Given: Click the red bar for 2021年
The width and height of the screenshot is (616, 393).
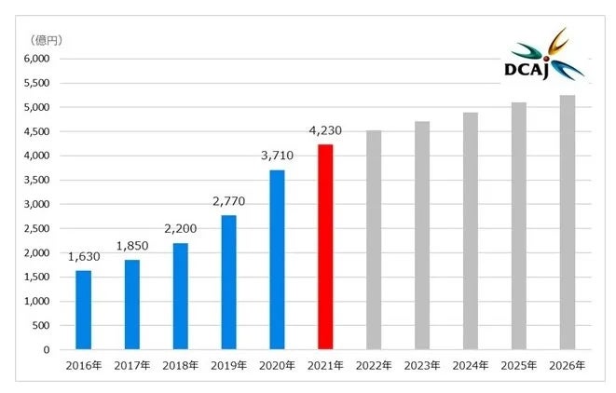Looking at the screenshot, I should [x=324, y=247].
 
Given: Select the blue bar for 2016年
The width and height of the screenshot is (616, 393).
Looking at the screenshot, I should [x=83, y=310].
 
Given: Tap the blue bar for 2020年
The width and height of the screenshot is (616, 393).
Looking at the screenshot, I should [x=277, y=260].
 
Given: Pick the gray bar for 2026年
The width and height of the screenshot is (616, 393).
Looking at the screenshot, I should [x=567, y=223].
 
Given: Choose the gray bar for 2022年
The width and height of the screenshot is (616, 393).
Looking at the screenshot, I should [x=373, y=240].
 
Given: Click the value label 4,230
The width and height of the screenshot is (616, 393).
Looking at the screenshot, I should [x=324, y=130].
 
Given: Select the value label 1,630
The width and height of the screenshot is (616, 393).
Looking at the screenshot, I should [x=83, y=257].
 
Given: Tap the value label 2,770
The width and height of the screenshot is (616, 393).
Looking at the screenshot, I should [x=228, y=201].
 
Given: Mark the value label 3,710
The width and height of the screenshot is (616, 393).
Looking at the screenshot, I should [x=277, y=156].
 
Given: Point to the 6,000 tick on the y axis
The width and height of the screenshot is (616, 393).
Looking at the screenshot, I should [x=37, y=59].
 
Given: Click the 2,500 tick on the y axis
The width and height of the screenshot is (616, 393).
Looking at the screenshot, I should [x=37, y=228].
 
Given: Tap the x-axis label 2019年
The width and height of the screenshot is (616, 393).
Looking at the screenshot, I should [x=228, y=366].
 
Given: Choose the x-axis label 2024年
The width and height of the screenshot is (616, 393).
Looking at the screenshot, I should [x=470, y=366].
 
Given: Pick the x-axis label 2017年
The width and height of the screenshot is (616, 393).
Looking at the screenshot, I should [x=131, y=366].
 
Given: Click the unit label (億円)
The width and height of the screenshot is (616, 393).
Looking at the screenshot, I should [x=46, y=39].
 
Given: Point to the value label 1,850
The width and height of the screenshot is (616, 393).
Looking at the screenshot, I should [x=131, y=246].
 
